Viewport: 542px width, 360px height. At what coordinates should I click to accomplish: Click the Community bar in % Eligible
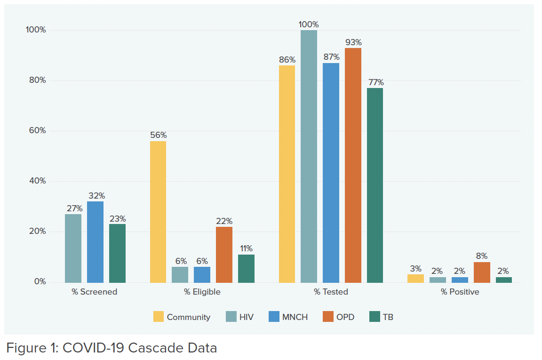[x=158, y=212]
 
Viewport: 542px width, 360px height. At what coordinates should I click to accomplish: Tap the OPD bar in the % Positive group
[x=482, y=272]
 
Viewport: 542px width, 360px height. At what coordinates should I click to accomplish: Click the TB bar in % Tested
[x=375, y=185]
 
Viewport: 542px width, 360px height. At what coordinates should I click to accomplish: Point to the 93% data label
[x=353, y=42]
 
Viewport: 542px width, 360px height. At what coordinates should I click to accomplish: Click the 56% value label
[x=158, y=135]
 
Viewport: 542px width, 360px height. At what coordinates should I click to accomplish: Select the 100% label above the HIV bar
[x=309, y=24]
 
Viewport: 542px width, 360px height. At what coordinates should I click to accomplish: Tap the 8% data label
[x=482, y=256]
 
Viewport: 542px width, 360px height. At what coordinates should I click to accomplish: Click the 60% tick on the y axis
[x=36, y=131]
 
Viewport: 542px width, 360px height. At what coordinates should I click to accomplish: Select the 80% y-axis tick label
[x=36, y=80]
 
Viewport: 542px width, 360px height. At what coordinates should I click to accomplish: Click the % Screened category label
[x=94, y=292]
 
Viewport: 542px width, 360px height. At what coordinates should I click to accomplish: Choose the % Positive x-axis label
[x=460, y=292]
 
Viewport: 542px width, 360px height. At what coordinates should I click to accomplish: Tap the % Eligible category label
[x=202, y=292]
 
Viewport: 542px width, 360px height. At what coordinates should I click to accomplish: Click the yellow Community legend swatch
[x=159, y=317]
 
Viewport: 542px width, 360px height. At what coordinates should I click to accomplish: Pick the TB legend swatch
[x=375, y=317]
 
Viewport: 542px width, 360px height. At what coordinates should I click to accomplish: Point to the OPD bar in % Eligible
[x=224, y=255]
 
